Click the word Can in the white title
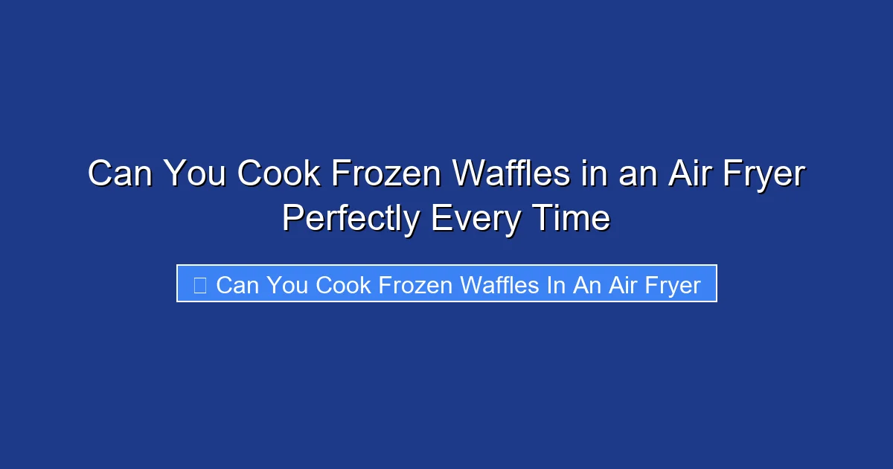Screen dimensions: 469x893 pyautogui.click(x=119, y=174)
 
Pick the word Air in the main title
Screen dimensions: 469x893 pyautogui.click(x=688, y=174)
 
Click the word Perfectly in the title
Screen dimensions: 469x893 pyautogui.click(x=350, y=220)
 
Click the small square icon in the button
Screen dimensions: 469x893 pyautogui.click(x=199, y=284)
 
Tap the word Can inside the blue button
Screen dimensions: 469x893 pyautogui.click(x=236, y=284)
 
